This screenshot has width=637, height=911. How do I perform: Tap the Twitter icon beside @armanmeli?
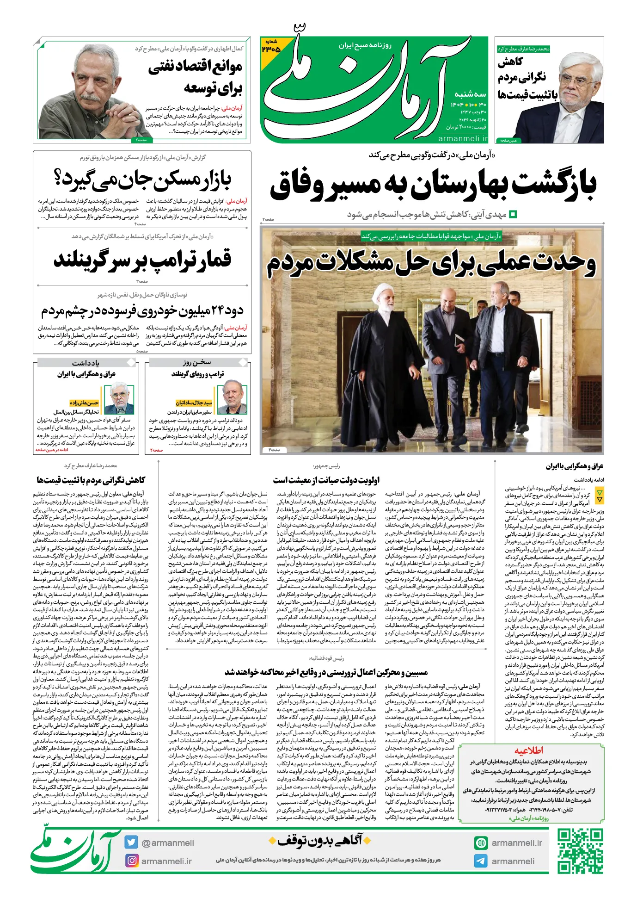click(131, 843)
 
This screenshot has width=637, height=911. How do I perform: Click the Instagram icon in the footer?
click(132, 861)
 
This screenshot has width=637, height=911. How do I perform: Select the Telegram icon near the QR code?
click(481, 861)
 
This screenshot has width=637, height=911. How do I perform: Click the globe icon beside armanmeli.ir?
click(481, 843)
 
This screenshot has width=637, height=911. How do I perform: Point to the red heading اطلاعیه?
click(529, 750)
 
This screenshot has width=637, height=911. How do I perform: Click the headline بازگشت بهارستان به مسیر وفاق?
click(433, 185)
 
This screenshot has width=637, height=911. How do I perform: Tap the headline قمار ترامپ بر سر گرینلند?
click(142, 259)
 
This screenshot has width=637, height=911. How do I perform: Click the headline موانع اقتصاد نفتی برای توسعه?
click(196, 76)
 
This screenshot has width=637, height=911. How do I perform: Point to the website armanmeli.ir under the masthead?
click(463, 138)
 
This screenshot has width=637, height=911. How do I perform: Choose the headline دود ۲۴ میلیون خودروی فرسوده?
click(142, 310)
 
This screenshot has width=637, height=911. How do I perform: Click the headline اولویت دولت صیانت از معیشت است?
click(326, 480)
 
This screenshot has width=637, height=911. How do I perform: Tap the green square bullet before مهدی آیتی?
click(513, 214)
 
